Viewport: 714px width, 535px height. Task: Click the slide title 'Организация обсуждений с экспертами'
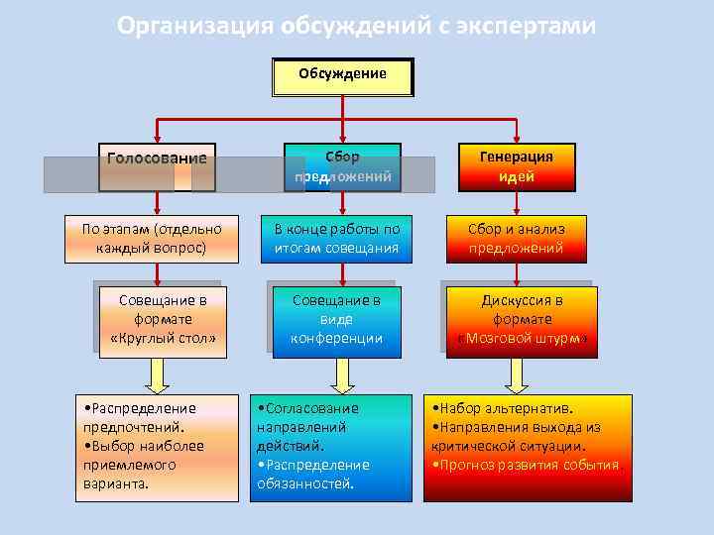click(356, 26)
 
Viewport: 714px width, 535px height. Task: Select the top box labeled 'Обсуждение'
click(342, 76)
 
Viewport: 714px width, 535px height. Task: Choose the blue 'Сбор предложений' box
click(342, 166)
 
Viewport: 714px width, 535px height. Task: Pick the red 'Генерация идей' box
click(516, 166)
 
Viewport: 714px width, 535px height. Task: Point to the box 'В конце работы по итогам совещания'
click(336, 239)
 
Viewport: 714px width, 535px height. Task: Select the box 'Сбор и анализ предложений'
click(516, 239)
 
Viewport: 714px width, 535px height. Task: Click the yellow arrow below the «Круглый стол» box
click(159, 374)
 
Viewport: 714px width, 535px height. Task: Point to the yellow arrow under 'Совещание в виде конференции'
click(342, 374)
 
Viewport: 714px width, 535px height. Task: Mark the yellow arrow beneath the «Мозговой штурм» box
click(516, 374)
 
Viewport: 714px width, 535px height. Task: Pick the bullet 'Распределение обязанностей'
click(312, 475)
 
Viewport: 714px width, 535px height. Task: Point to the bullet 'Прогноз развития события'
click(526, 465)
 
